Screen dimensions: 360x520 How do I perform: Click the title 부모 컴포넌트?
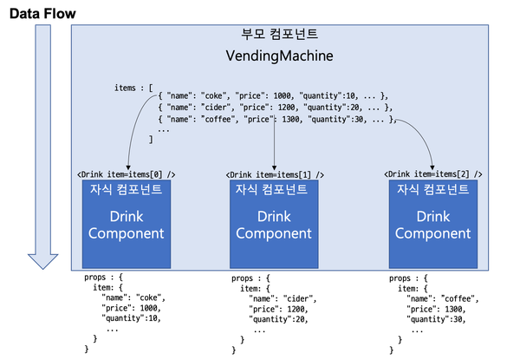pos(279,36)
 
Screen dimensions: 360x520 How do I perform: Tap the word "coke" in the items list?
pos(214,95)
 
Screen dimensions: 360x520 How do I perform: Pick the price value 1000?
pos(283,95)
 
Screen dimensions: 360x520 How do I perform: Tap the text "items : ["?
pos(133,88)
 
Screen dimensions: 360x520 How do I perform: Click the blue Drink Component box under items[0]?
pos(123,224)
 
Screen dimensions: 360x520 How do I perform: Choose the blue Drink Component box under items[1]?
pos(274,224)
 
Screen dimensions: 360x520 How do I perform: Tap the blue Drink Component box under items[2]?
pos(432,224)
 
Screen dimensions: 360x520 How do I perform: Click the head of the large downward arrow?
pos(42,259)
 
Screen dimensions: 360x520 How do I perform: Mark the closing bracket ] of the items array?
pos(152,138)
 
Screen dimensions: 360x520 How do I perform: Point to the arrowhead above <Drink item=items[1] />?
pos(274,165)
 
